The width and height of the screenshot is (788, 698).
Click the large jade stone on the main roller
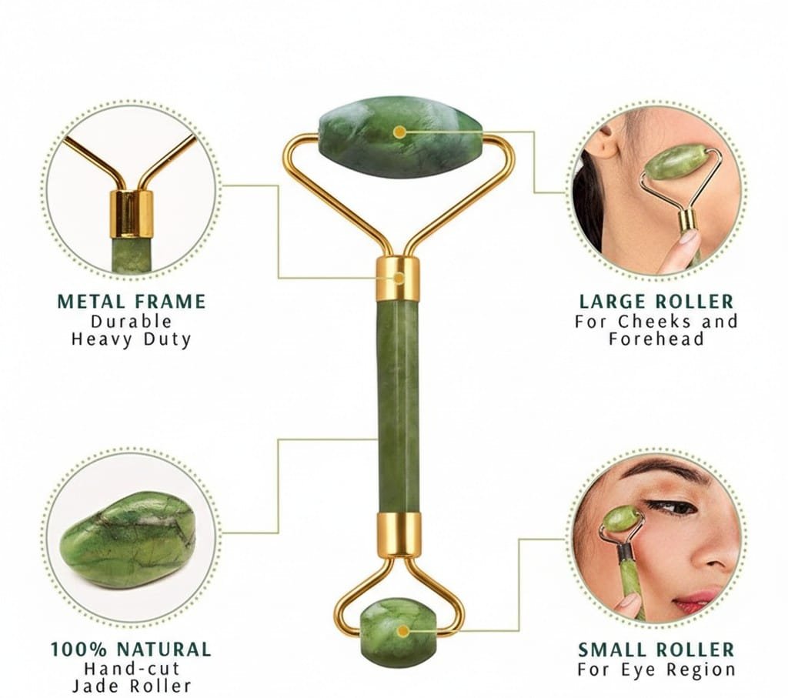[400, 139]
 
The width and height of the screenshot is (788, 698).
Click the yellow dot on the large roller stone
[400, 132]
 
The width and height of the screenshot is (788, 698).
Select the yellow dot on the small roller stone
[402, 631]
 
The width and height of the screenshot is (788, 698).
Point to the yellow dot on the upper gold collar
[399, 277]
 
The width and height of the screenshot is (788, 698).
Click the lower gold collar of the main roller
[398, 536]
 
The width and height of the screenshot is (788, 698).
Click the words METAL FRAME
[132, 302]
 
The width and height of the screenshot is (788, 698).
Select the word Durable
[132, 321]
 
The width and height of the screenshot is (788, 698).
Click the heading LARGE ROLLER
[656, 302]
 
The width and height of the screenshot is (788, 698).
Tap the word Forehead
[656, 339]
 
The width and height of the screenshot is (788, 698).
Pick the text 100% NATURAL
[131, 650]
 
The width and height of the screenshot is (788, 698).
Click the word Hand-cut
[132, 669]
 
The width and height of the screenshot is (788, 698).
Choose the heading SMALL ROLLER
[656, 650]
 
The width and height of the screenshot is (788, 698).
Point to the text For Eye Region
[656, 670]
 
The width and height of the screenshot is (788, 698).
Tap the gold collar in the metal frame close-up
[131, 214]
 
